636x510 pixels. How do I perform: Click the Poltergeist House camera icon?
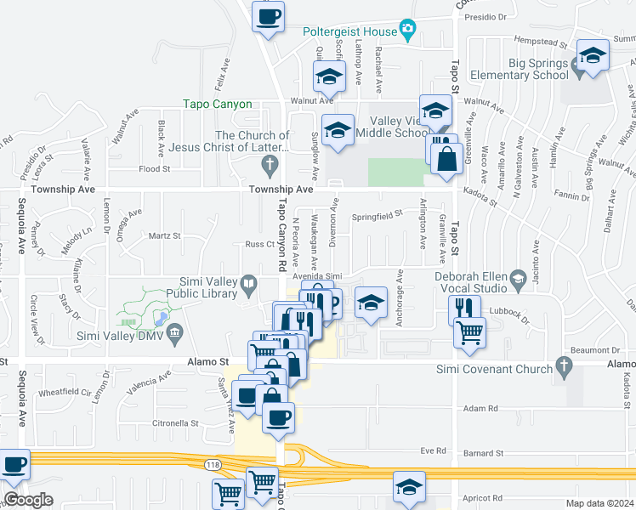point(407,31)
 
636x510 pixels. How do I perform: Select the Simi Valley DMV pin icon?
point(176,330)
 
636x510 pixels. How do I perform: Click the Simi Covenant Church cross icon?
point(561,365)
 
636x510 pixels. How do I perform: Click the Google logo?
point(28,500)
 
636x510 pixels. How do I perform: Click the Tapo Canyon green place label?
point(218,105)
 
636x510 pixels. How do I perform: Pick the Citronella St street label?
point(174,422)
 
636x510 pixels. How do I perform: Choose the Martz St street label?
point(164,236)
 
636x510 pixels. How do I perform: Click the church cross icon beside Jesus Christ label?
point(270,163)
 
